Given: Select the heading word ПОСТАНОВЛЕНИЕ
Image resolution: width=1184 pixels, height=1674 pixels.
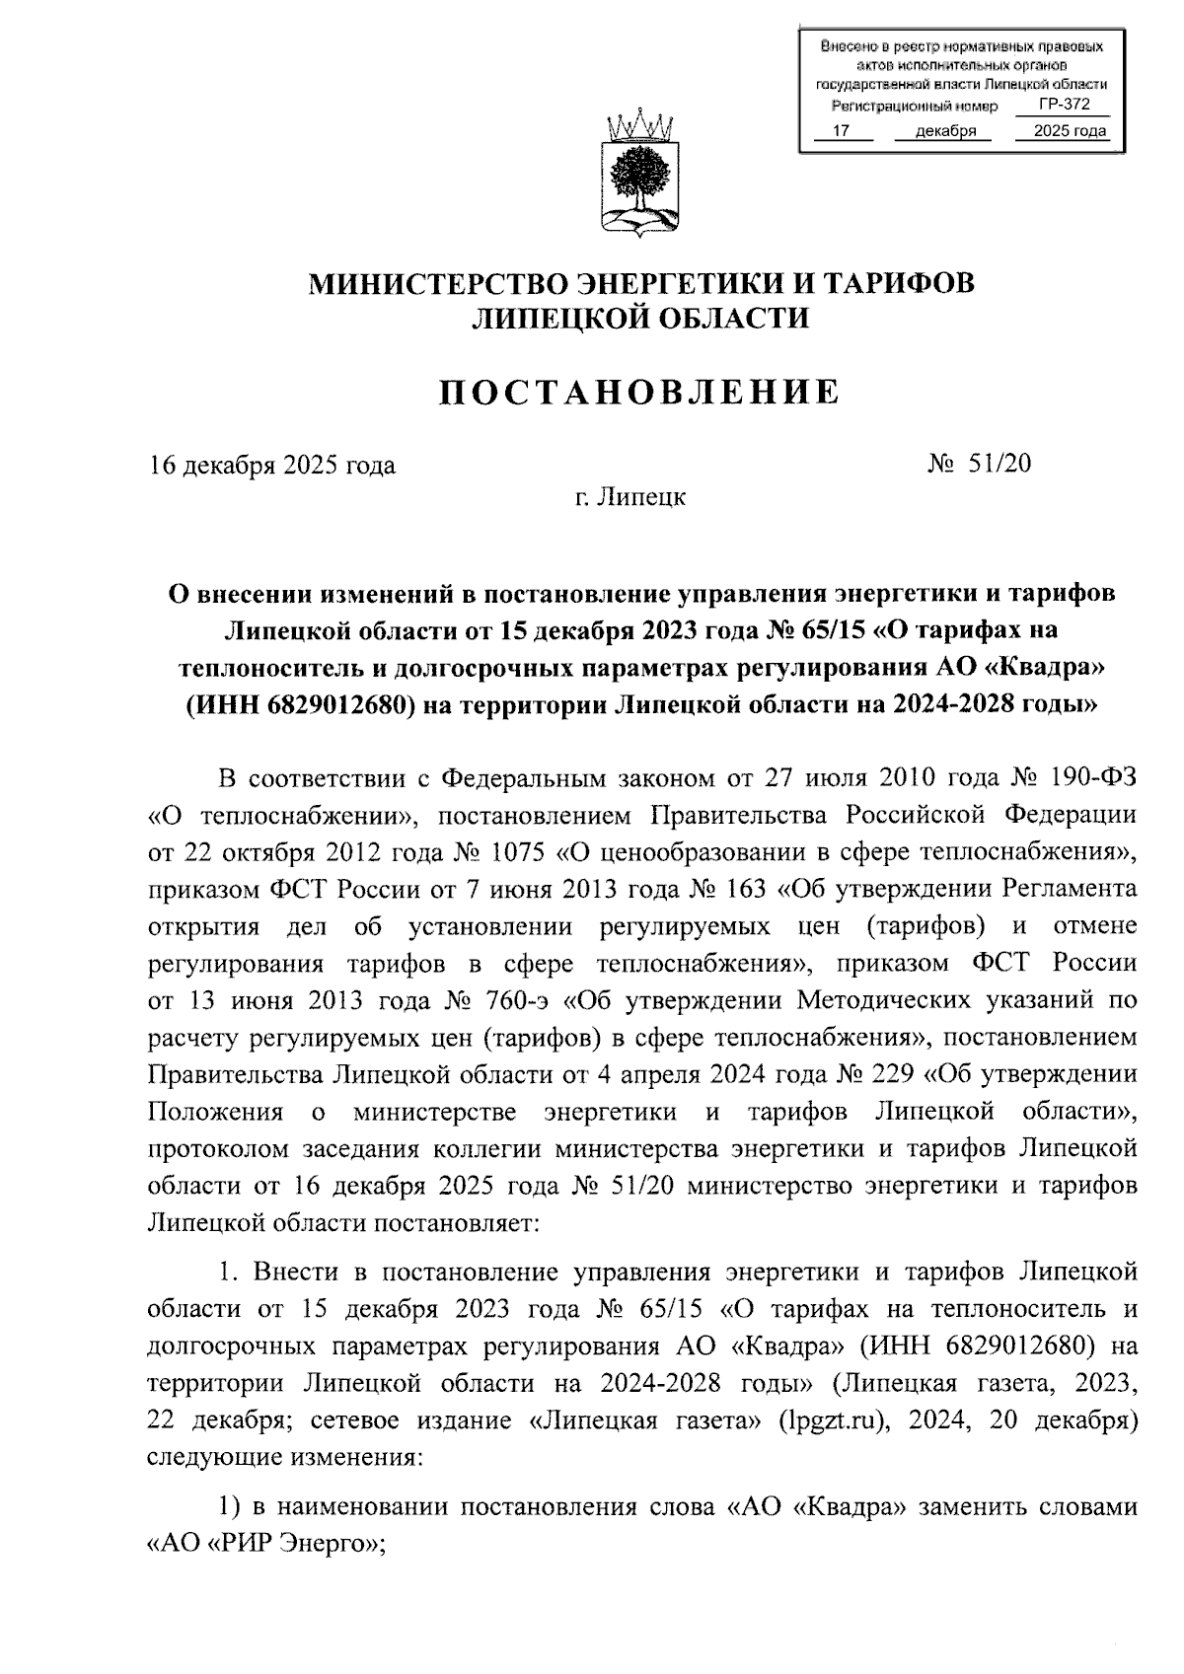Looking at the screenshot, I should tap(639, 393).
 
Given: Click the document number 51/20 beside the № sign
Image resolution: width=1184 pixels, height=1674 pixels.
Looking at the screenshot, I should tap(999, 463).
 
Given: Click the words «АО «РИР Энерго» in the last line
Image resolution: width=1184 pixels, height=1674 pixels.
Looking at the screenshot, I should tap(264, 1545).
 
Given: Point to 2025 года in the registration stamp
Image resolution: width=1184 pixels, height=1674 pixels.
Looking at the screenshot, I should tap(1062, 131).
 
